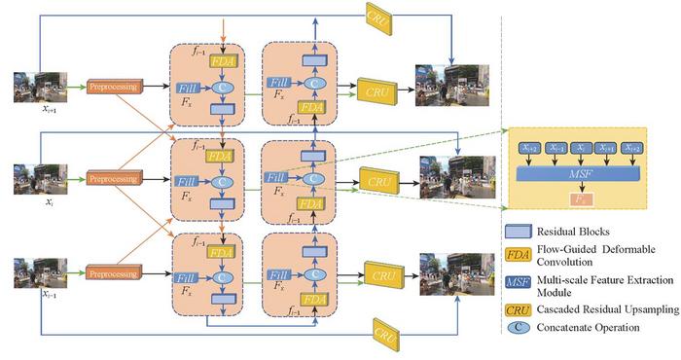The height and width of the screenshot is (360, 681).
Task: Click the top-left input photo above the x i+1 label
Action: [36, 85]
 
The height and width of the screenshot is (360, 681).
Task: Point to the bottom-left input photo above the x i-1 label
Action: [36, 270]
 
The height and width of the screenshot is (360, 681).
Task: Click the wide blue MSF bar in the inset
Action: [578, 173]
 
